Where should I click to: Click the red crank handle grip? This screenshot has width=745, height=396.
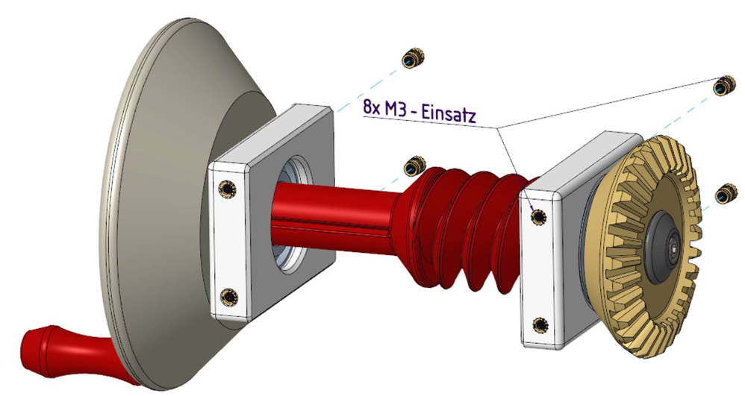coord(66,351)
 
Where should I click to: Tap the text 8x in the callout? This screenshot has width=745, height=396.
coord(372,107)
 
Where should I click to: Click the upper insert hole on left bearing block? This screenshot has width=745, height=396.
coord(227,189)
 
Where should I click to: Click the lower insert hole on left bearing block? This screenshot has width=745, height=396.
coord(229,297)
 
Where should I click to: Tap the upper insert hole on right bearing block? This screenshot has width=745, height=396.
coord(539,216)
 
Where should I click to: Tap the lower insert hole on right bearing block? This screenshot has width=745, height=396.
coord(540,325)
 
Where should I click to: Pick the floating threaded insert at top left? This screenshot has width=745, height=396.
coord(412,58)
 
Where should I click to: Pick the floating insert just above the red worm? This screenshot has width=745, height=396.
coord(414,166)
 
